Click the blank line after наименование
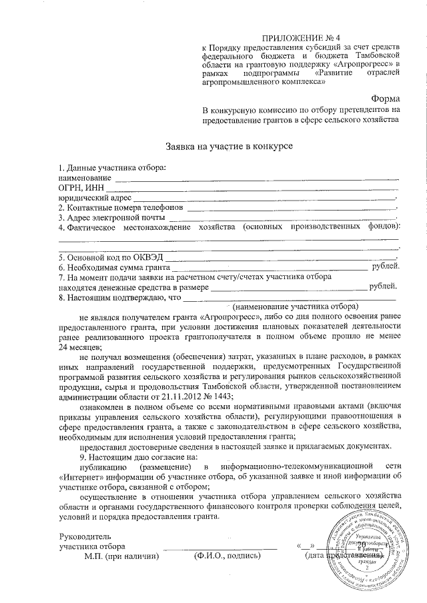coord(257,179)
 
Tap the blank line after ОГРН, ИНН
coord(244,189)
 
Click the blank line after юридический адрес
coord(264,198)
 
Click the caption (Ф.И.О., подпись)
coord(224,555)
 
